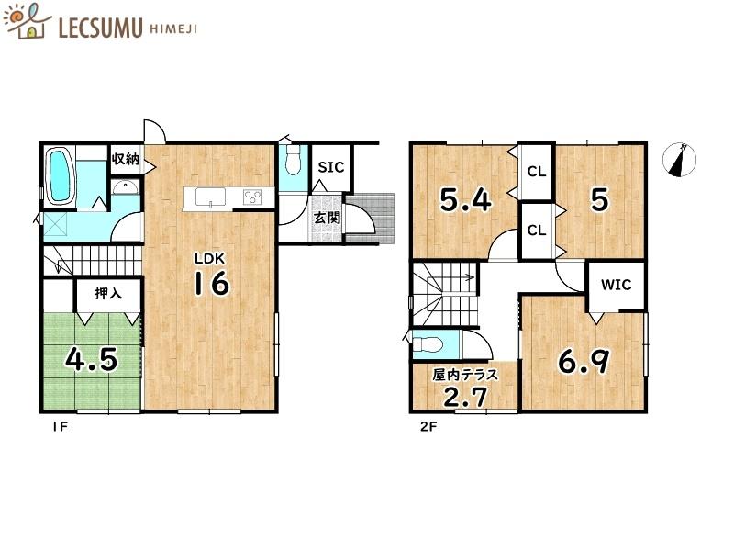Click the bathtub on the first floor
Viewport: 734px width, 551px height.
tap(60, 175)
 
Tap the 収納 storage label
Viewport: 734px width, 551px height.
tap(126, 159)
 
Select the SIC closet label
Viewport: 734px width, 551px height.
tap(331, 167)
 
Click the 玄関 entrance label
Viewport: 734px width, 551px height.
tap(327, 218)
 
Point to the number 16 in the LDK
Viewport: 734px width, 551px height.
tap(212, 283)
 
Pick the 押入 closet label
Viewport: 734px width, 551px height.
tap(108, 293)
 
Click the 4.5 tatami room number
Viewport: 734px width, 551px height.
tap(91, 360)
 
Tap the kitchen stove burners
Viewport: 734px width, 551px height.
tap(253, 197)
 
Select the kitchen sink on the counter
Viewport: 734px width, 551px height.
tap(211, 197)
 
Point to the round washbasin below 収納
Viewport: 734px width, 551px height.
tap(125, 187)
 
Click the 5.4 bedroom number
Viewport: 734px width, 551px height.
tap(466, 200)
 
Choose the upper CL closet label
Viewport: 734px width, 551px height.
tap(537, 172)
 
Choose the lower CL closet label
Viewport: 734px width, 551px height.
tap(537, 231)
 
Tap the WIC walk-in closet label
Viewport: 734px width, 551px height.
tap(616, 285)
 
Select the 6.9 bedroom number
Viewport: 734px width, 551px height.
tap(584, 362)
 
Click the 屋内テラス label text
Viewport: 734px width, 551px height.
tap(465, 375)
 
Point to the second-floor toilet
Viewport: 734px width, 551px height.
tap(428, 343)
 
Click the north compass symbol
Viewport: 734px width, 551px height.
tap(679, 160)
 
